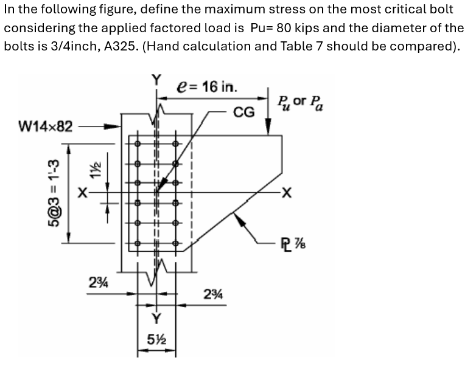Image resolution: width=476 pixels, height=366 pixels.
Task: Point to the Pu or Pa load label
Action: point(299,103)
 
